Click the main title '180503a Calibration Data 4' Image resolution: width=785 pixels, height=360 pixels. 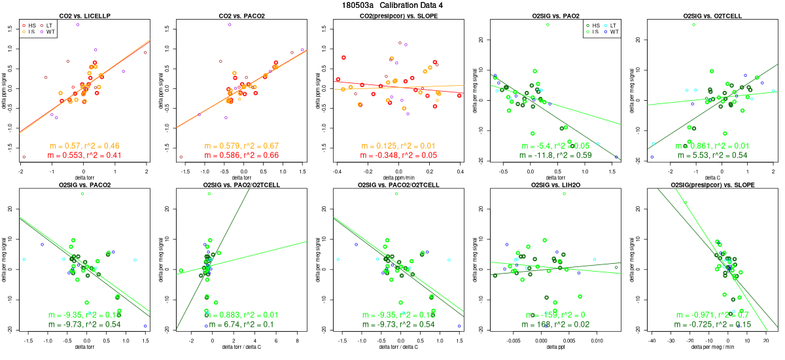point(392,5)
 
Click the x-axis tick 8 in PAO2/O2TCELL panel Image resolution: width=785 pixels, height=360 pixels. point(298,341)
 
